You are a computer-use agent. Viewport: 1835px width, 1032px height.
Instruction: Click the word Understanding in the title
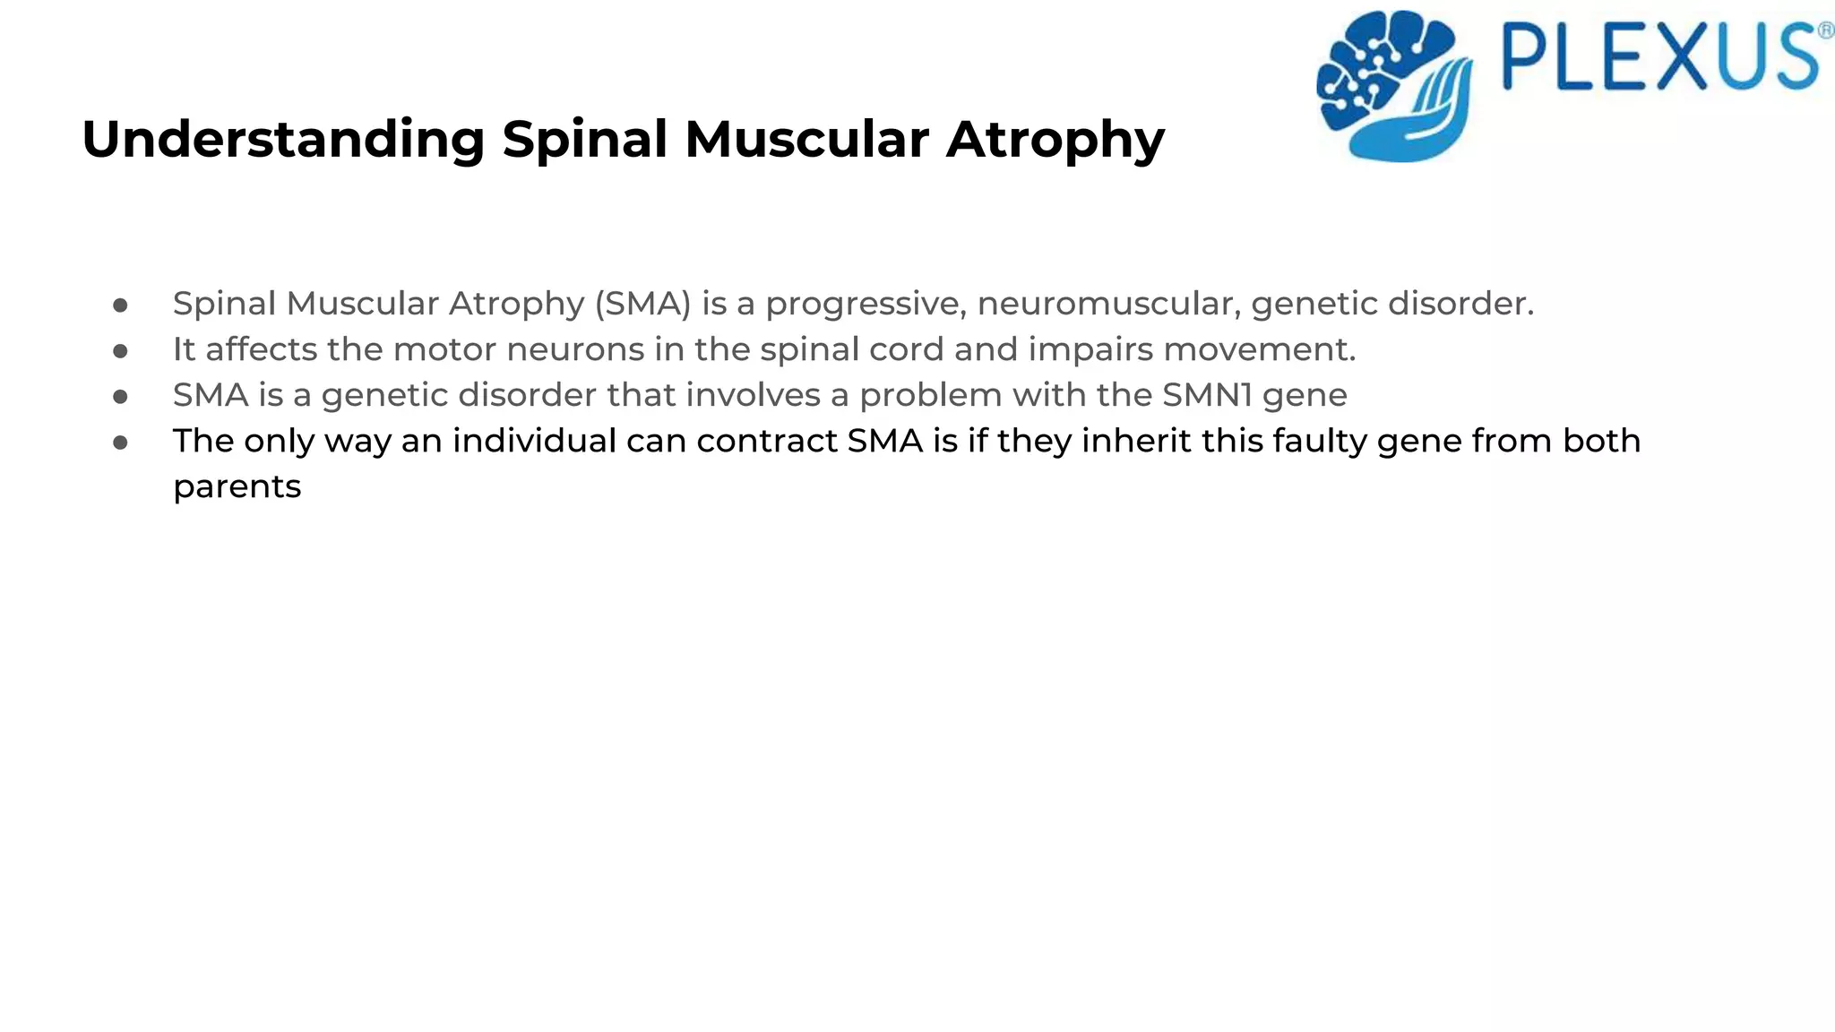283,141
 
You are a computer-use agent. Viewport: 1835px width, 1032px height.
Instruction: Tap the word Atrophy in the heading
1055,141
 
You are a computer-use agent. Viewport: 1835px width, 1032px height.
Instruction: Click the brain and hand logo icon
1394,86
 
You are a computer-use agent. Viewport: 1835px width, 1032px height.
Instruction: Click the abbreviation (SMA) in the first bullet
642,304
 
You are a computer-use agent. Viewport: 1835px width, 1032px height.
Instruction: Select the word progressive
866,305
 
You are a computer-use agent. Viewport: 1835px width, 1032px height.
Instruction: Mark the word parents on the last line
237,487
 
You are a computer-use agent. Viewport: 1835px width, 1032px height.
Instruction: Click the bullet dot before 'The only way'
121,442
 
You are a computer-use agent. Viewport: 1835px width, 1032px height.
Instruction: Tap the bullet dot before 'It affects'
121,350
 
